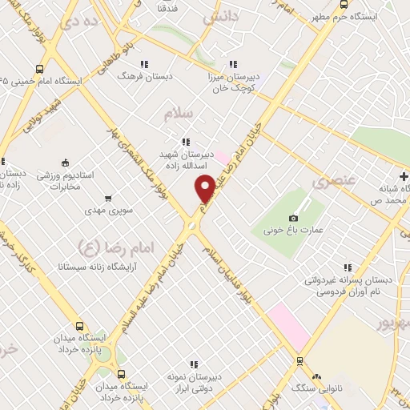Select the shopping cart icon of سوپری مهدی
coord(108,198)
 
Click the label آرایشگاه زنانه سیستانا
coord(93,264)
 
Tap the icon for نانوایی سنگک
coord(318,376)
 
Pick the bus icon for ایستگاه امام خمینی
coord(40,68)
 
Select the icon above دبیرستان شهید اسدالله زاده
coord(186,141)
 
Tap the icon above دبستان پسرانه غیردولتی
coord(347,268)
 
